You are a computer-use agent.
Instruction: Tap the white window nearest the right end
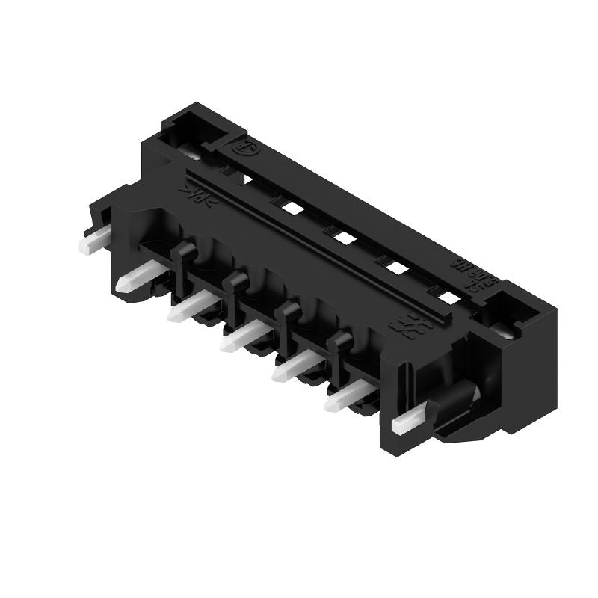tap(448, 298)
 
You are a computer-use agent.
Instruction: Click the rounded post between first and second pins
tap(182, 257)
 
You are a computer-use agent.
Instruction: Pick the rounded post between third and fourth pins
tap(287, 313)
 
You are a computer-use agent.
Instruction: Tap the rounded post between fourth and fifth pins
tap(340, 343)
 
